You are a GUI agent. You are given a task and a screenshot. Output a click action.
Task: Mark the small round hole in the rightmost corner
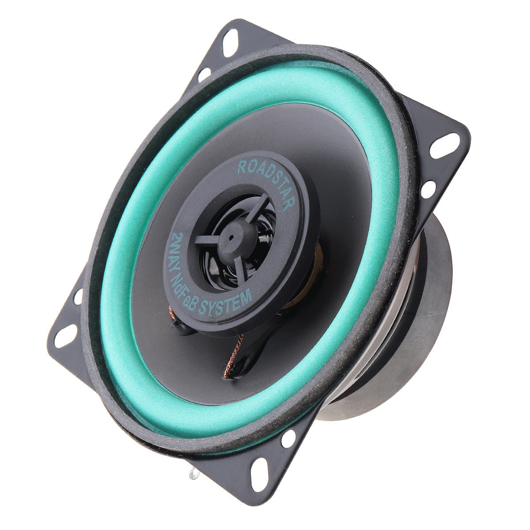pos(428,189)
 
